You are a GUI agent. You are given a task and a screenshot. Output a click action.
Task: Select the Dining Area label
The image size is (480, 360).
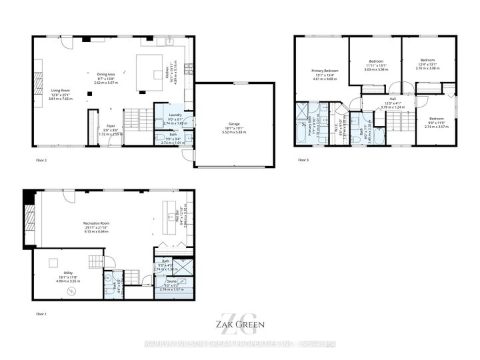[102, 74]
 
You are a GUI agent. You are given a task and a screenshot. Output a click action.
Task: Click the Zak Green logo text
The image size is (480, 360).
[239, 325]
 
